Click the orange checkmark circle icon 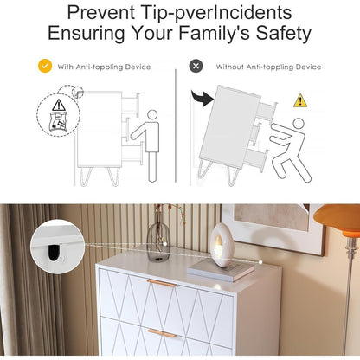click(45, 66)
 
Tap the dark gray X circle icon click(196, 66)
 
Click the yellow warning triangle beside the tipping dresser click(300, 100)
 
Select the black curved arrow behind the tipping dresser click(202, 98)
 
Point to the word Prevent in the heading click(100, 12)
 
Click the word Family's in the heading click(215, 33)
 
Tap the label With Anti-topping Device click(104, 67)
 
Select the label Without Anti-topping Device click(268, 67)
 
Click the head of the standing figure click(152, 114)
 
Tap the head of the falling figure click(299, 124)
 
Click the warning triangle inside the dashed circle click(59, 106)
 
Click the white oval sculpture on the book click(222, 245)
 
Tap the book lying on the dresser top click(221, 270)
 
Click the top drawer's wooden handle click(161, 283)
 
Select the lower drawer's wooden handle click(163, 332)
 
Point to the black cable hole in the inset click(54, 252)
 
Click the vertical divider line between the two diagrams click(176, 125)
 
